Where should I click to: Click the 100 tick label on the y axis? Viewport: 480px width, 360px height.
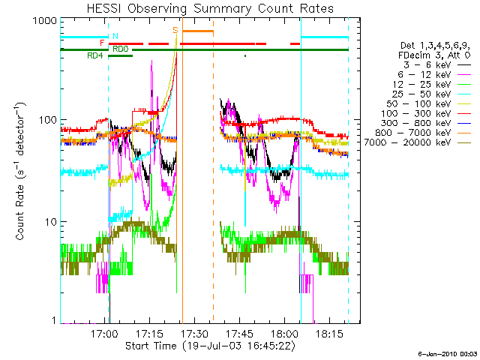[x=47, y=120]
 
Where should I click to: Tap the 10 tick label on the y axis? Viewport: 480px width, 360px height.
[x=50, y=223]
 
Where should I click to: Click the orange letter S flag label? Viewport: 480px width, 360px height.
[x=175, y=30]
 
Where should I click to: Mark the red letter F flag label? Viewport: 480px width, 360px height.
[x=102, y=43]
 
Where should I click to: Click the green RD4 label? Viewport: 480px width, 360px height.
[x=94, y=55]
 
